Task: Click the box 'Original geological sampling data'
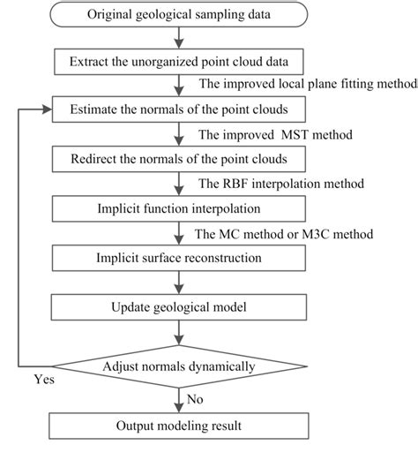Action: (181, 14)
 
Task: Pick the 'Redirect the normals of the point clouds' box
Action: (180, 160)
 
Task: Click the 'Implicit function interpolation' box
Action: (180, 209)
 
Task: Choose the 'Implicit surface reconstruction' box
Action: (180, 258)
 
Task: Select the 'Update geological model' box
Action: (180, 306)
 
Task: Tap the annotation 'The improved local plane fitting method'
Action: (308, 86)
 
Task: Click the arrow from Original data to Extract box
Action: (181, 38)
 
